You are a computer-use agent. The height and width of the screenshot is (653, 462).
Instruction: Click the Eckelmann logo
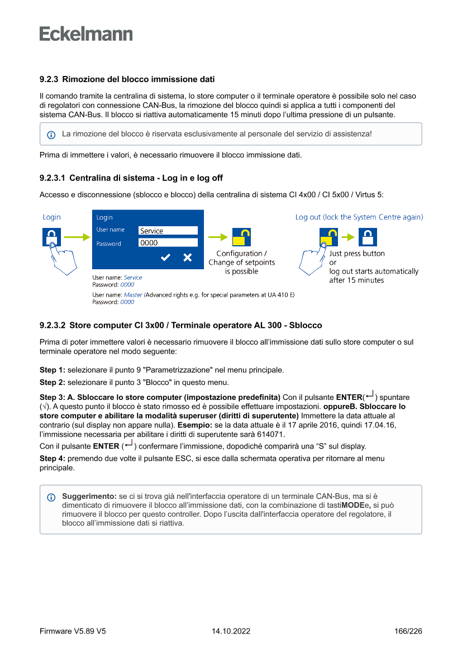86,34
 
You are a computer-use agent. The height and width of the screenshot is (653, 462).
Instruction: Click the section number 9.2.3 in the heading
49,79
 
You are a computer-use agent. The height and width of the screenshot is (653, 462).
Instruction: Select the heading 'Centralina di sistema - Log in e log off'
146,178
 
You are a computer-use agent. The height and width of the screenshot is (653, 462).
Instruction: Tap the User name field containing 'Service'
168,230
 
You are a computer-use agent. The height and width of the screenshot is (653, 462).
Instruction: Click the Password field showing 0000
168,242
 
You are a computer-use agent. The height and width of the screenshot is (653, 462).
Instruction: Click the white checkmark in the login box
165,258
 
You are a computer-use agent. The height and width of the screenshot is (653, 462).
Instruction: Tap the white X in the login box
188,258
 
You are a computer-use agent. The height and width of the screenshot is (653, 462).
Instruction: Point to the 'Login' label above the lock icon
52,217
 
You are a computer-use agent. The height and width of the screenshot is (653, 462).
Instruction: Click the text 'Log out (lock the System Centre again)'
359,217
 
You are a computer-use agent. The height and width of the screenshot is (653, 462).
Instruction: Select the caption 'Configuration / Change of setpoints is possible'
241,263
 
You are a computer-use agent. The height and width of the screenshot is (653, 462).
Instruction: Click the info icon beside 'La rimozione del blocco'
51,135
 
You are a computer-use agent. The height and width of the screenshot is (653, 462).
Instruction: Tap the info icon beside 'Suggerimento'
51,497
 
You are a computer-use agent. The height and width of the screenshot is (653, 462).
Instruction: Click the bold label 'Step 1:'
53,370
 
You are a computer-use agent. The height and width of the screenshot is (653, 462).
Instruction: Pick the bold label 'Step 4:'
53,458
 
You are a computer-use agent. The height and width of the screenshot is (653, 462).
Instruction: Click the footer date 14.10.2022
231,631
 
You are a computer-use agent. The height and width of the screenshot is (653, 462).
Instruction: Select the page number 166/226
408,631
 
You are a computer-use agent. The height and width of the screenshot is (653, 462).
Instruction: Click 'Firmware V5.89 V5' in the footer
73,631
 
